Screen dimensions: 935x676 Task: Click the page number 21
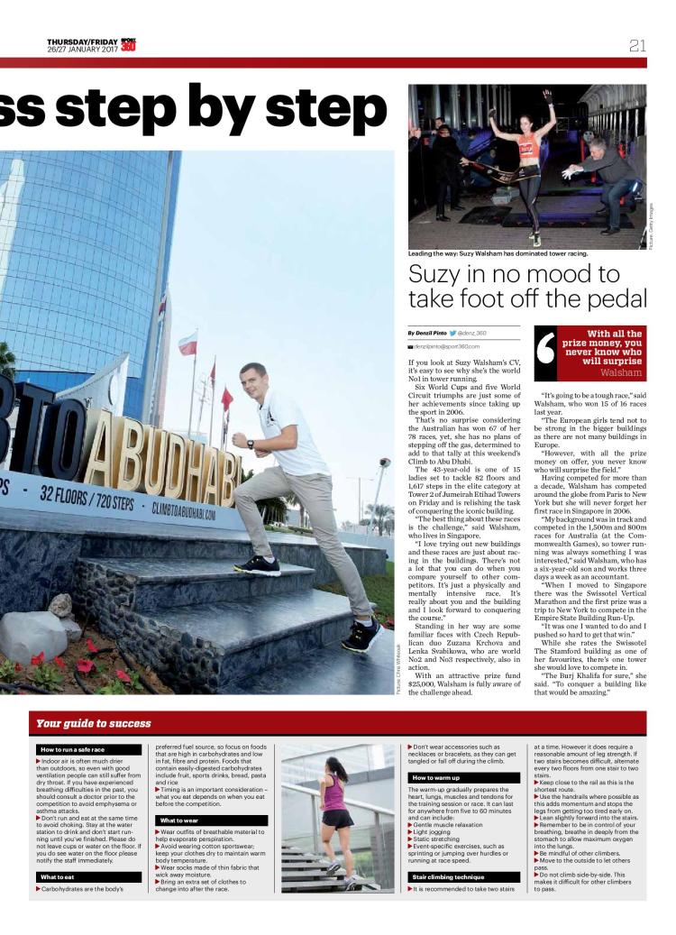[x=638, y=45]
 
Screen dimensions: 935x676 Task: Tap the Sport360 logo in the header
[x=129, y=44]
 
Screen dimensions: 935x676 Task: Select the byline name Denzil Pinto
[x=429, y=333]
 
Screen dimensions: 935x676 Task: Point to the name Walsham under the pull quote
[x=621, y=371]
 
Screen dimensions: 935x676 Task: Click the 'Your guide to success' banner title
[x=93, y=723]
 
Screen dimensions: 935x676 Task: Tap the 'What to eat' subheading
[x=61, y=876]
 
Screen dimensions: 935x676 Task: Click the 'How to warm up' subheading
[x=437, y=777]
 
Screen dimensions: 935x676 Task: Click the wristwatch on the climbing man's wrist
[x=250, y=444]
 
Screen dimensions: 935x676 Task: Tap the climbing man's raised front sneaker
[x=257, y=565]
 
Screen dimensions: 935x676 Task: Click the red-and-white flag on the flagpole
[x=187, y=343]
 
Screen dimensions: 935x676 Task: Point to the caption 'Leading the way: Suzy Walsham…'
[x=498, y=253]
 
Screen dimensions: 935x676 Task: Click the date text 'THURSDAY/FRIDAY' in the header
[x=82, y=41]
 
